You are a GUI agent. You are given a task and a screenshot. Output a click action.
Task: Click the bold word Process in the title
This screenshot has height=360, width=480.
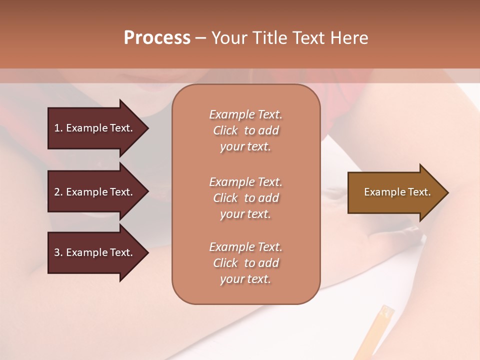click(157, 38)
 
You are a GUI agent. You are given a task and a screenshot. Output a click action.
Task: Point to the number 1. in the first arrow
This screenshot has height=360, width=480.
click(58, 128)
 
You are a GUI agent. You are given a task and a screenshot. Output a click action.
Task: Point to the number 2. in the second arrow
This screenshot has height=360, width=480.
click(58, 192)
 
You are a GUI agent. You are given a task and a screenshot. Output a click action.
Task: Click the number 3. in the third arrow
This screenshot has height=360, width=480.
click(58, 252)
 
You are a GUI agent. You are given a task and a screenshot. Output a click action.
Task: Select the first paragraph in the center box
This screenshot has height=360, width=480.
click(245, 130)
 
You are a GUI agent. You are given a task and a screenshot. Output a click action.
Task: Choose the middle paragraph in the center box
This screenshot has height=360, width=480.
click(245, 198)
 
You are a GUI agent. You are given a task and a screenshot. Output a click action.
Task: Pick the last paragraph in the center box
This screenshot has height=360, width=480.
click(245, 263)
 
